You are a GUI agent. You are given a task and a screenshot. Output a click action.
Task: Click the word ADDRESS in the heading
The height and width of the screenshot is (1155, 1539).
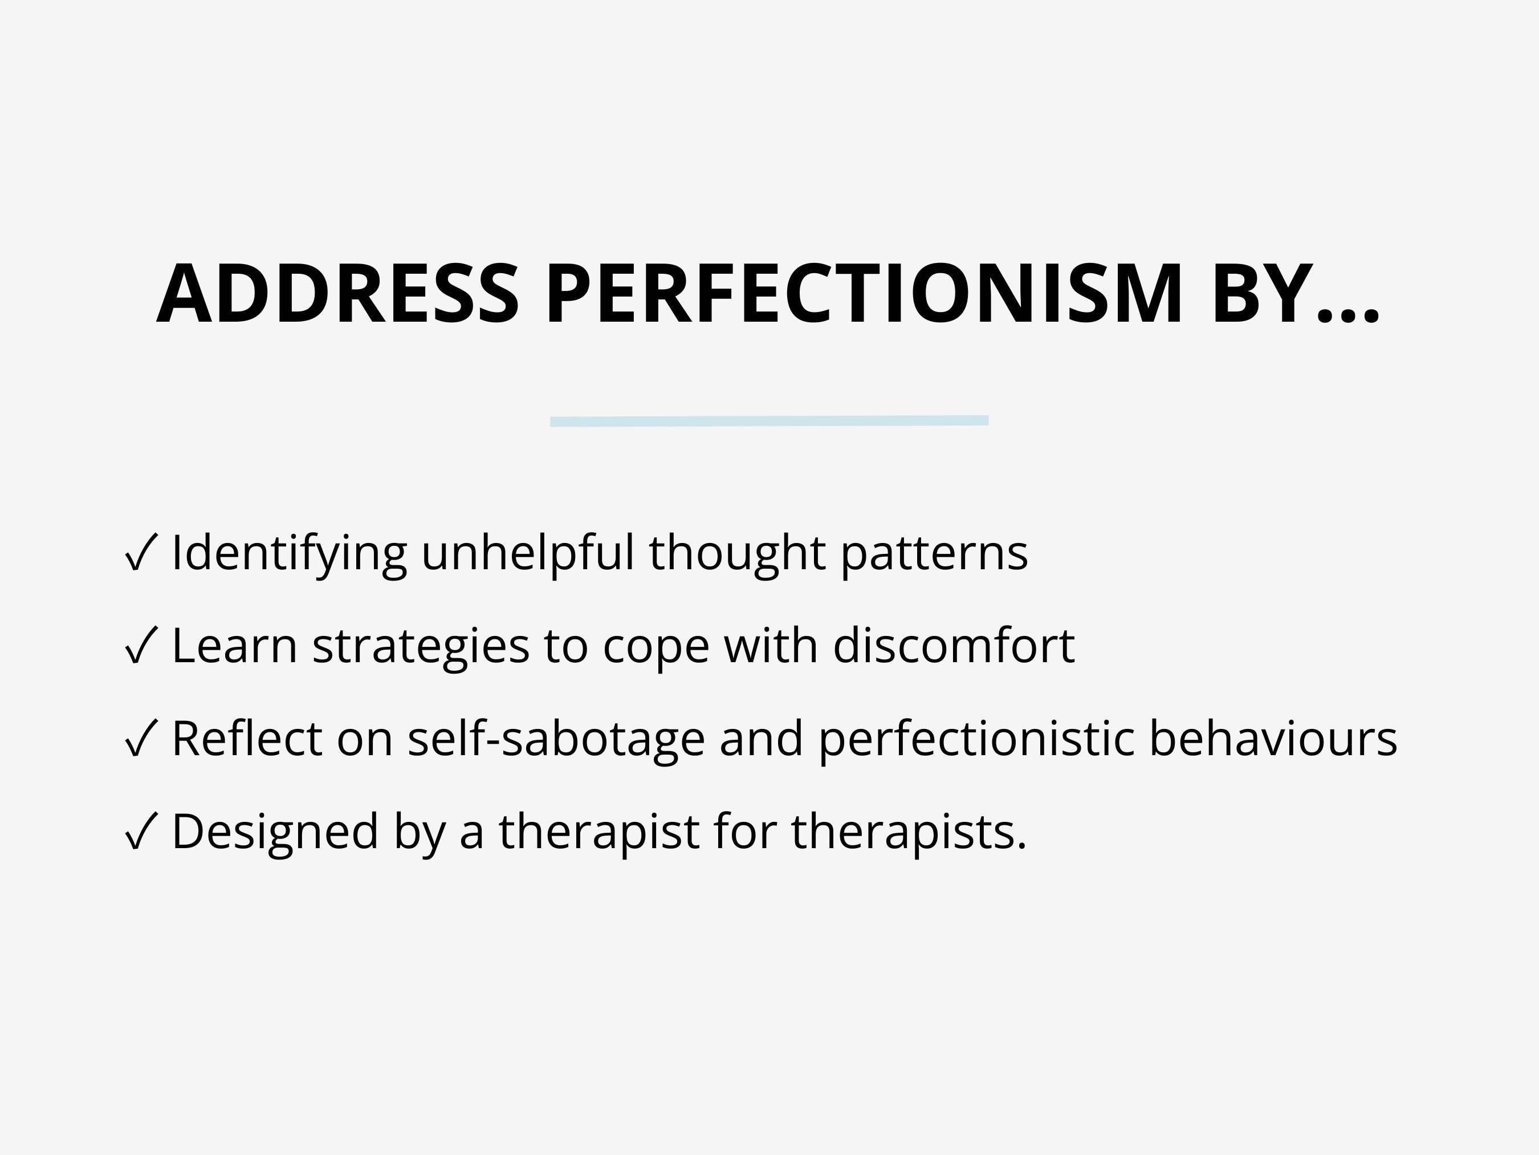click(x=337, y=294)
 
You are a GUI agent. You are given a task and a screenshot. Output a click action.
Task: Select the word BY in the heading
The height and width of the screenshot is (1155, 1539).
click(x=1262, y=294)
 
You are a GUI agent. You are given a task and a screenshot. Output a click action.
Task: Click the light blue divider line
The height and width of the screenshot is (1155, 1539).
click(x=769, y=421)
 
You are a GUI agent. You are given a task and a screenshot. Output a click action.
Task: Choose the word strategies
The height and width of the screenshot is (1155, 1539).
click(x=421, y=646)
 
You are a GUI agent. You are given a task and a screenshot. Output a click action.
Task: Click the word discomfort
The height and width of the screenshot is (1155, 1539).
click(x=954, y=646)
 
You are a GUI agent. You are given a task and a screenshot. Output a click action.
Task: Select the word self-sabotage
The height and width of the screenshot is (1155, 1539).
click(x=556, y=739)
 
